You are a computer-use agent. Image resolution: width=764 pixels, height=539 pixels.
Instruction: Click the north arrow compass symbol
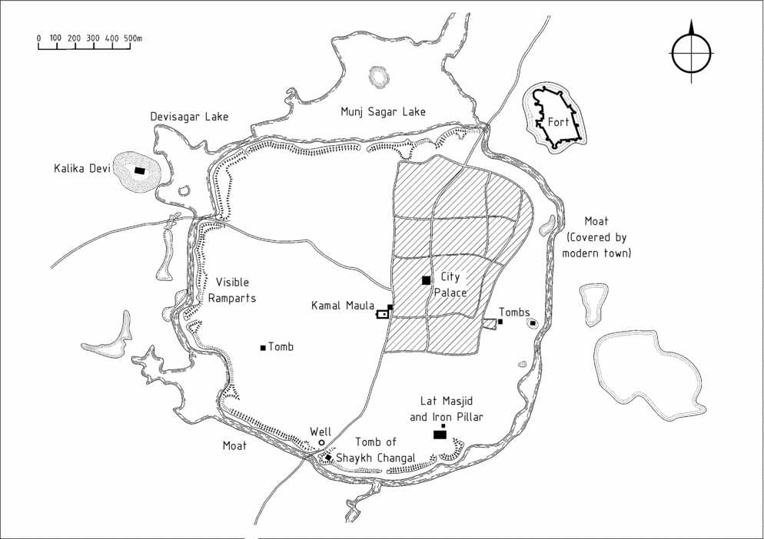[690, 53]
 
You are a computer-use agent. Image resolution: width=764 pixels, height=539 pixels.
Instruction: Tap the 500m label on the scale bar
[132, 37]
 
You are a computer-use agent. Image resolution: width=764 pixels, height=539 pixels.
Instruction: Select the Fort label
[558, 122]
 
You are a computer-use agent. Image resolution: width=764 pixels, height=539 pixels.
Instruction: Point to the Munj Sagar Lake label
[383, 112]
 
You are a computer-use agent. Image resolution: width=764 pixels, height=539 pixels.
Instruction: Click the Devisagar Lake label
[189, 117]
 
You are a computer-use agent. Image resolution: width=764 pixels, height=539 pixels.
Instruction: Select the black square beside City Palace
[426, 280]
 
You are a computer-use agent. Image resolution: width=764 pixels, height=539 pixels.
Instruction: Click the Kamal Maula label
[341, 306]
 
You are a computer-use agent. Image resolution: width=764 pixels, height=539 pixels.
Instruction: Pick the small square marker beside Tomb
[263, 348]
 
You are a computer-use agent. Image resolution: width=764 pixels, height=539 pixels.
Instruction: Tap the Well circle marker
[321, 442]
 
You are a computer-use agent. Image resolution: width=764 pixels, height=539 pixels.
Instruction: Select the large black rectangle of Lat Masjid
[440, 435]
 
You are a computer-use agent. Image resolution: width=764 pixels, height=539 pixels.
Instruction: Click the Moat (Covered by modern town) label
[596, 237]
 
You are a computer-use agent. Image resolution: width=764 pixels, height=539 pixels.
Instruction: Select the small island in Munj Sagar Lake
[377, 77]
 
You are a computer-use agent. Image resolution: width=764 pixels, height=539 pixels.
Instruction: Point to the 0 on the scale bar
[38, 37]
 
